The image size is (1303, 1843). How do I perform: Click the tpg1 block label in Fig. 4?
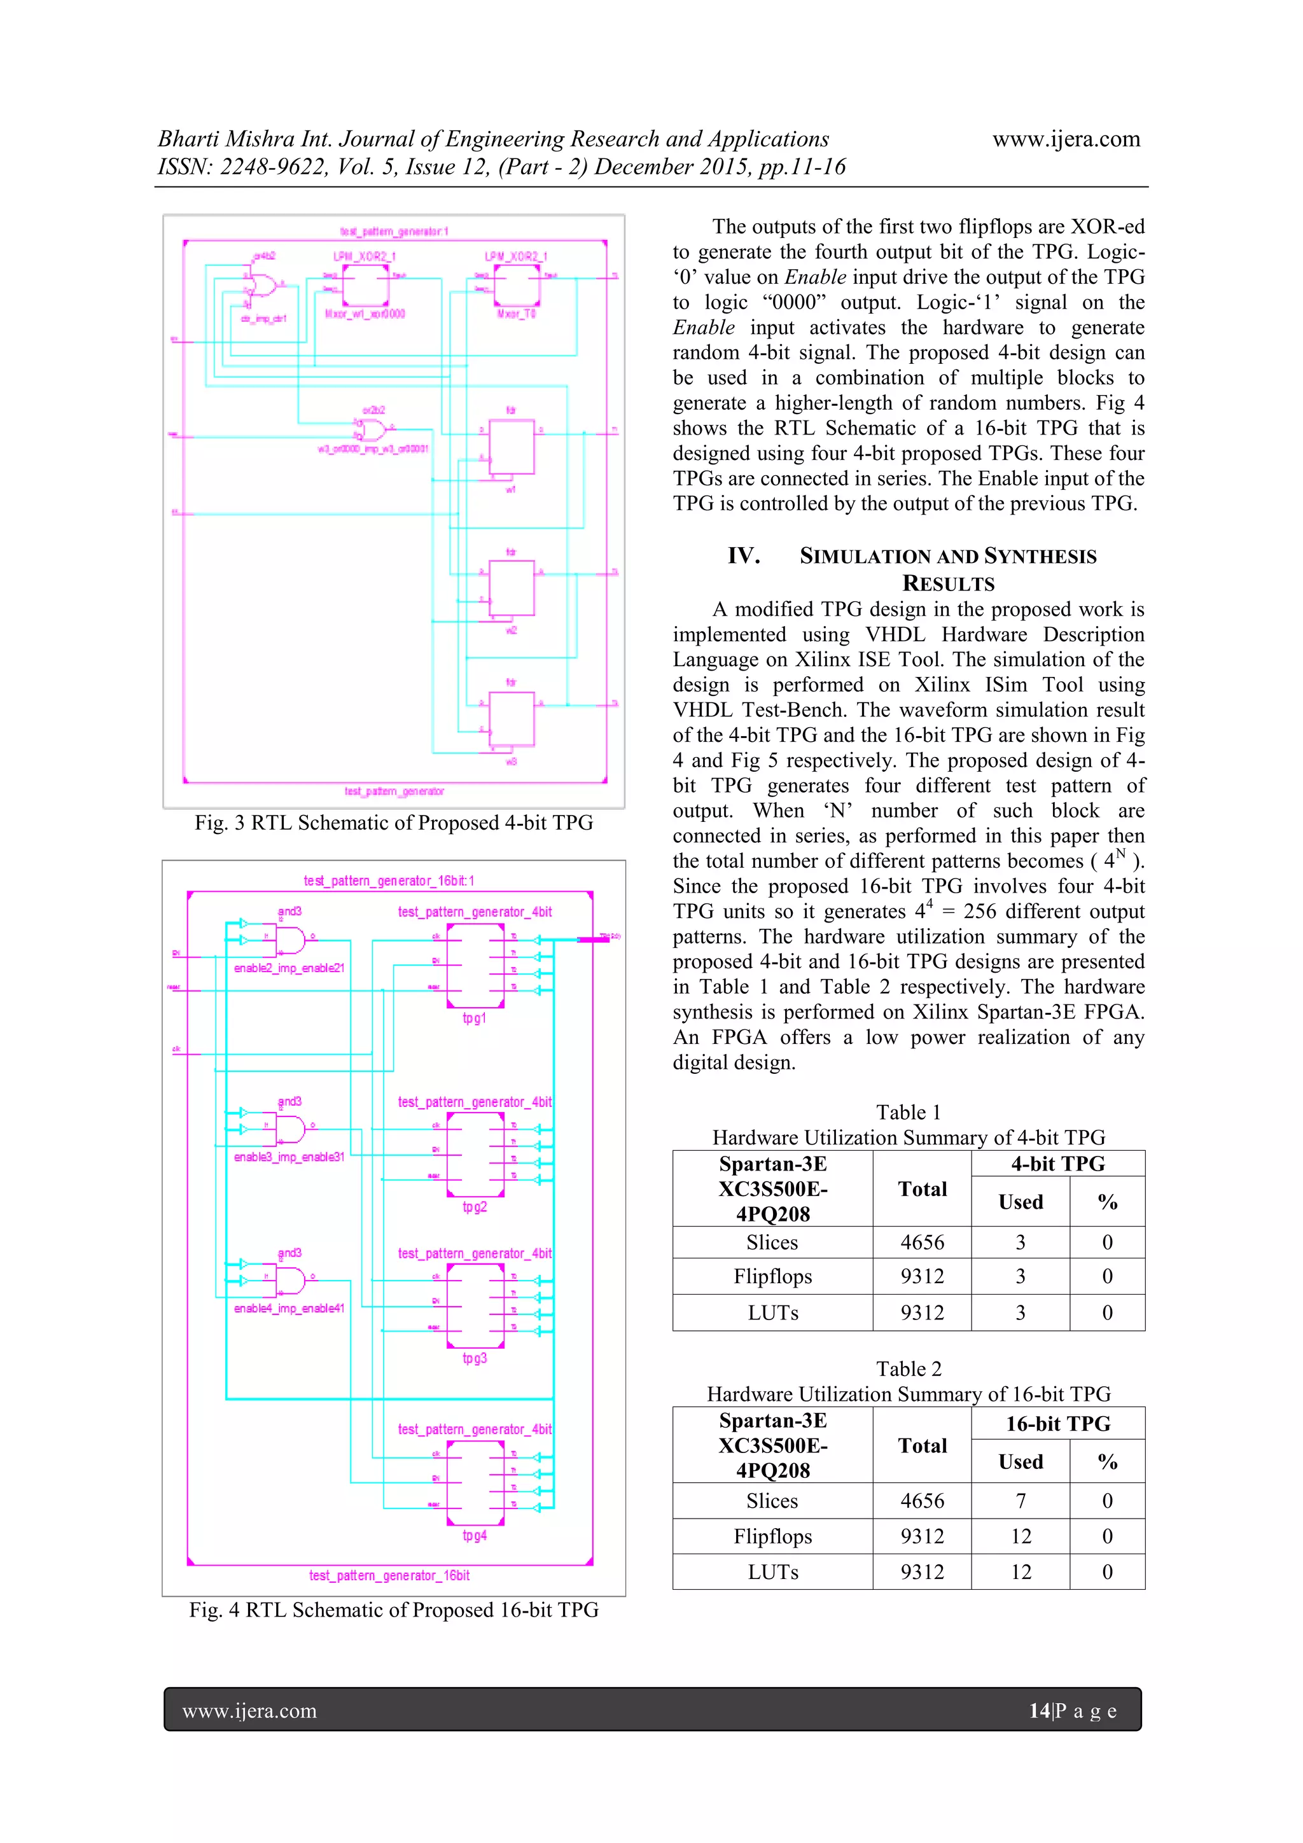(475, 1018)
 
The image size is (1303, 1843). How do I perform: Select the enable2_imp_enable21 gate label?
(289, 968)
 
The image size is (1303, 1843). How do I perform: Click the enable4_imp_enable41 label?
(289, 1309)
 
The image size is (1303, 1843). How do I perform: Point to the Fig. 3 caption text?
(393, 823)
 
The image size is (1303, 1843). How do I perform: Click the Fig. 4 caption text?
(393, 1610)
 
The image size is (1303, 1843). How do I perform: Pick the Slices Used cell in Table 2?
(1021, 1500)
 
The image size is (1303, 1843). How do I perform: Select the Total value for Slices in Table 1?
(922, 1242)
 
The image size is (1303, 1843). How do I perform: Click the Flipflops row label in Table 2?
(772, 1536)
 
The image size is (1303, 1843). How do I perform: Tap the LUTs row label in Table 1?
(772, 1313)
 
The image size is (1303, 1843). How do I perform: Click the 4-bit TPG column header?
(1057, 1164)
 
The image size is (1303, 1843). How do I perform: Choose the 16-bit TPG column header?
(1057, 1423)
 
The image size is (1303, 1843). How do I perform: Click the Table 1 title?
(908, 1113)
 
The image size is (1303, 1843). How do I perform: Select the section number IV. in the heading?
(743, 555)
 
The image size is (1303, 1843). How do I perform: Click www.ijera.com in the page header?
(1066, 139)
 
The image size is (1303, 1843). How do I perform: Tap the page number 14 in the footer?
(1040, 1711)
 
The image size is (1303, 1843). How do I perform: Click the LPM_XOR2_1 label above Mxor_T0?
(515, 257)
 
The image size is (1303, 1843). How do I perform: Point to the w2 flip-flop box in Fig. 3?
(512, 588)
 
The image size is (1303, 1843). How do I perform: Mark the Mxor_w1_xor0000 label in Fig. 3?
(365, 314)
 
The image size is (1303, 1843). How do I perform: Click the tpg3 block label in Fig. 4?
(475, 1358)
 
